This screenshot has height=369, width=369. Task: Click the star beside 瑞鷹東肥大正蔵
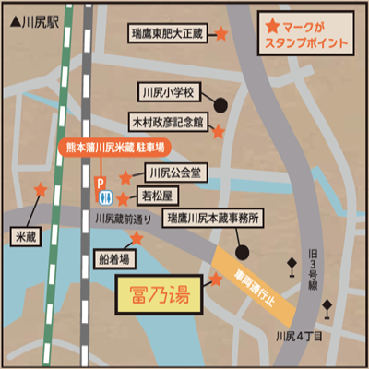tap(221, 34)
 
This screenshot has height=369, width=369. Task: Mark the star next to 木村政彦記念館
tap(219, 132)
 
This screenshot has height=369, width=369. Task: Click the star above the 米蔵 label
tap(41, 190)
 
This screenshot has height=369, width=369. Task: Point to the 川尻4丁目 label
tap(300, 336)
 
